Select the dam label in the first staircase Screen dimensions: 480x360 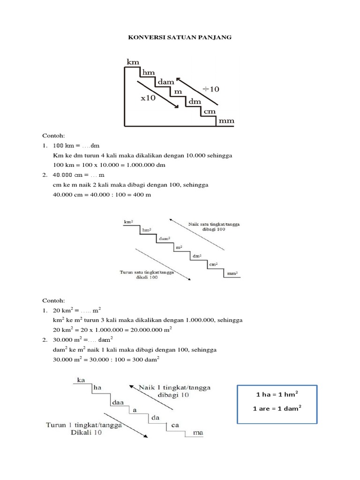pos(166,82)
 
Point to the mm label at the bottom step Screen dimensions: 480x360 pos(225,121)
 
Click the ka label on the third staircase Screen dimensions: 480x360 pos(81,380)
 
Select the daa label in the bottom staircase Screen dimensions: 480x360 pos(117,403)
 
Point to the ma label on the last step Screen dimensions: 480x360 pos(198,433)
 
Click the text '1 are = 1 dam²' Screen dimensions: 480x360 pos(277,409)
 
